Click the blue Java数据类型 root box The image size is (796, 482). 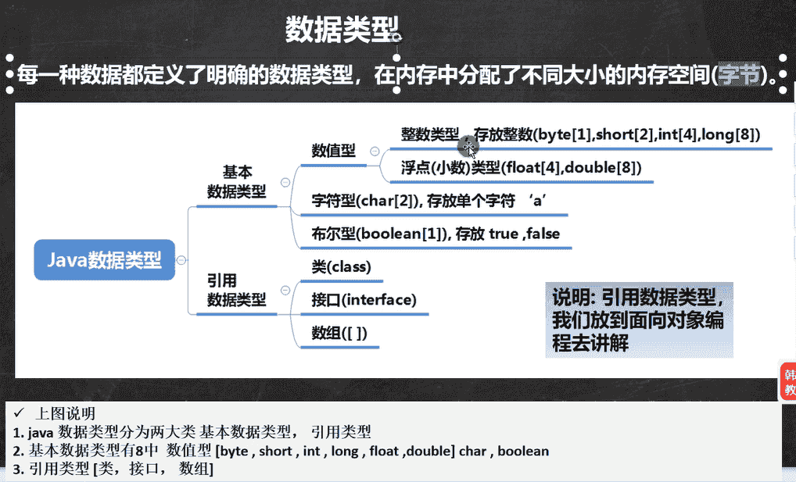pos(104,260)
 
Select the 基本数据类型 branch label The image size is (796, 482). pos(237,181)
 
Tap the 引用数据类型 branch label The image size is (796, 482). pos(237,289)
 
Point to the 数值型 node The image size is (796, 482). pos(333,151)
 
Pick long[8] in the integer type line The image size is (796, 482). pos(730,134)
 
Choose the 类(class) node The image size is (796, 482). pos(341,267)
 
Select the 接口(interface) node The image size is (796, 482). pos(364,300)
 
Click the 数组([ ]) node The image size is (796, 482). pos(339,333)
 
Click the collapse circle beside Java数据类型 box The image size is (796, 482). pos(181,260)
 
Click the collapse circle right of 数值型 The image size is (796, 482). pos(375,151)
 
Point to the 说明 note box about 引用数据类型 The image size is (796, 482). pos(639,320)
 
